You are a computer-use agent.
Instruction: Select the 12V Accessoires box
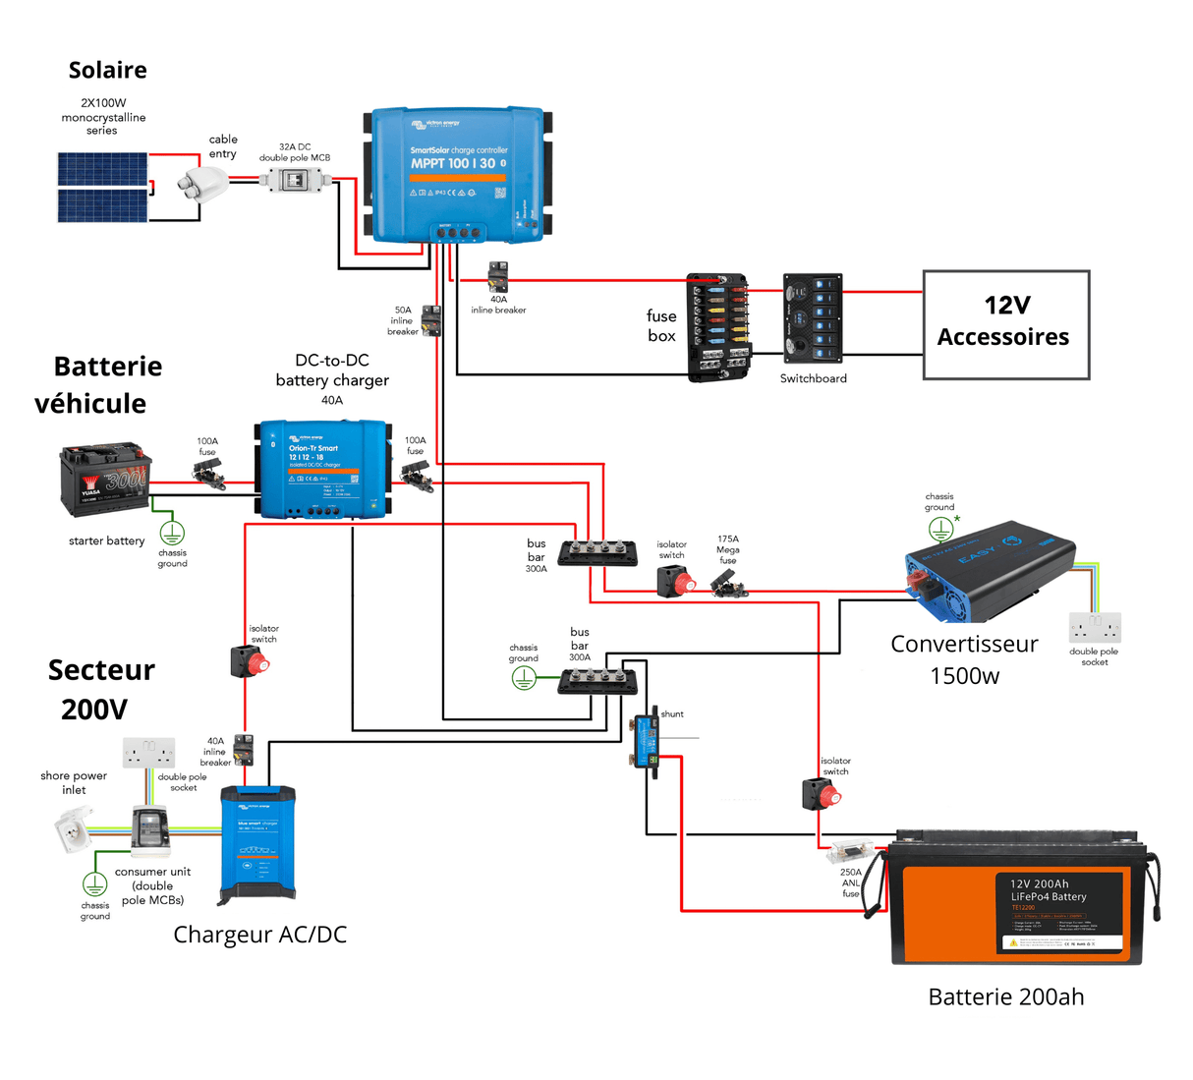(x=1005, y=325)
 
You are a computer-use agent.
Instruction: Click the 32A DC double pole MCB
(x=292, y=180)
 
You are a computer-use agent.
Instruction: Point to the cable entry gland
(x=202, y=183)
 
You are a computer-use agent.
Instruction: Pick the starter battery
(x=104, y=480)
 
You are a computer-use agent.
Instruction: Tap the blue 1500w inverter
(x=988, y=570)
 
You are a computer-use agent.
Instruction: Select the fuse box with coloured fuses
(x=717, y=327)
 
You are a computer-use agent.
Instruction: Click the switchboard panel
(x=813, y=319)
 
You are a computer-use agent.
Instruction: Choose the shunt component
(x=646, y=740)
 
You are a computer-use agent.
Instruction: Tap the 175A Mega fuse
(x=729, y=587)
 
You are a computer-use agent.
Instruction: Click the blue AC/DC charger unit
(x=257, y=843)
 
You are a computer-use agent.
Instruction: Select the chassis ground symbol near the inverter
(x=940, y=530)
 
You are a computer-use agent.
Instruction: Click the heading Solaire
(x=107, y=70)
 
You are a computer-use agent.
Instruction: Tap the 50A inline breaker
(x=430, y=320)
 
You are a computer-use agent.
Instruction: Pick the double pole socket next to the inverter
(x=1095, y=627)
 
